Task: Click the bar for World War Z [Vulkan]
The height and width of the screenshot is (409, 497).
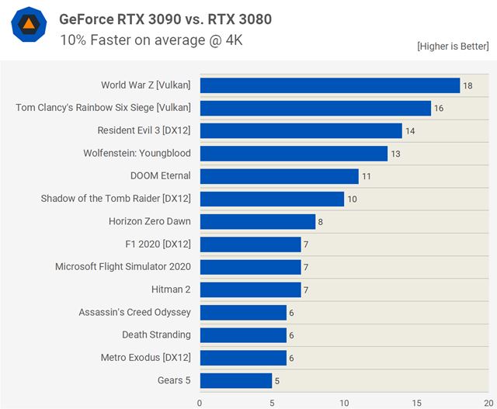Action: [329, 85]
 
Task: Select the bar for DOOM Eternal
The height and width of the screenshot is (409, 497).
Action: [279, 176]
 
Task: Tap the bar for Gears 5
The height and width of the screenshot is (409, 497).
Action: [236, 380]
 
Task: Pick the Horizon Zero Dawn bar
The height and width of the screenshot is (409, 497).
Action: [258, 222]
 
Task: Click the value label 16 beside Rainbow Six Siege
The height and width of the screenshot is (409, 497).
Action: [439, 108]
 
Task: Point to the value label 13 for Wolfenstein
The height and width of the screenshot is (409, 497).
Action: [395, 154]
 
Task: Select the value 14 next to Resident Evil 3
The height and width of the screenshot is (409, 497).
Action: [410, 131]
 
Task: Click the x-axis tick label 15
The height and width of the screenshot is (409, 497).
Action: [416, 402]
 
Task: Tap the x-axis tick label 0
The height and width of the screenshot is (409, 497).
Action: [200, 402]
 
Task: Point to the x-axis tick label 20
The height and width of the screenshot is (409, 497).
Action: [487, 402]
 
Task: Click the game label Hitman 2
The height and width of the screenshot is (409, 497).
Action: [171, 289]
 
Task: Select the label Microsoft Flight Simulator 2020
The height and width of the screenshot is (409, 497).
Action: [123, 267]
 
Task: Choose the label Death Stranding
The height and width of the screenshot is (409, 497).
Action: [156, 335]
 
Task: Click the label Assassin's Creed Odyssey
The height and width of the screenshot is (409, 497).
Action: [134, 312]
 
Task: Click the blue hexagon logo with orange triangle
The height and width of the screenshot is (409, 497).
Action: [28, 26]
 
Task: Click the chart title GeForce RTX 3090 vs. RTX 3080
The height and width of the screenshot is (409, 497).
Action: [165, 19]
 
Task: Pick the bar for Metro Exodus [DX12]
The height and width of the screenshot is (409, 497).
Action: [243, 358]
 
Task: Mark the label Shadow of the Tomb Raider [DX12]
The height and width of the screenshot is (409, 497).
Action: [116, 199]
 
